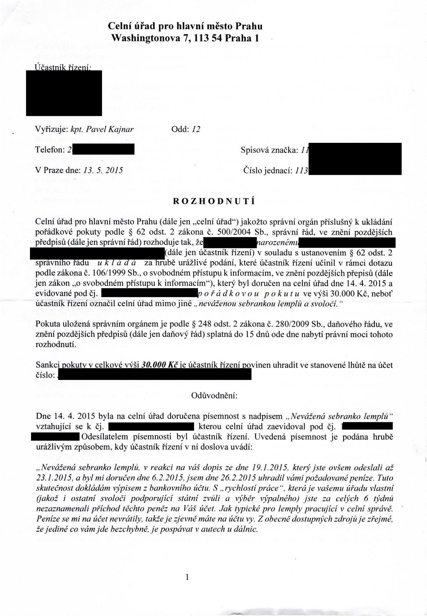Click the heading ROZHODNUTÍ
pyautogui.click(x=214, y=201)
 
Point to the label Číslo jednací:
pyautogui.click(x=268, y=170)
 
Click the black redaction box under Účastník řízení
pyautogui.click(x=64, y=93)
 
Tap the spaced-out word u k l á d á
pyautogui.click(x=119, y=263)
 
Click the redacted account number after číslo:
pyautogui.click(x=156, y=375)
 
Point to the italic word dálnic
pyautogui.click(x=246, y=529)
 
